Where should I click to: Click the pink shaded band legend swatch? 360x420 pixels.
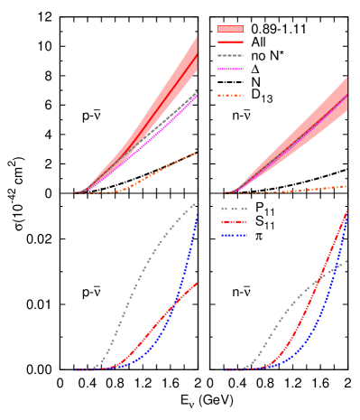[230, 29]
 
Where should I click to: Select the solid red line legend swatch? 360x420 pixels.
[230, 42]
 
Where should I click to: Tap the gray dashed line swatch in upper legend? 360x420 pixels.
[230, 55]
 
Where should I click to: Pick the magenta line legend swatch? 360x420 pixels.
[230, 69]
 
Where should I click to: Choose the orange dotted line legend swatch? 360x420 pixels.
[230, 95]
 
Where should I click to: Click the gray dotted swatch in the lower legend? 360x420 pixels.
[234, 209]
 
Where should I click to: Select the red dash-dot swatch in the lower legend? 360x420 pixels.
[234, 221]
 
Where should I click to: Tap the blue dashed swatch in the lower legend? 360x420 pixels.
[234, 235]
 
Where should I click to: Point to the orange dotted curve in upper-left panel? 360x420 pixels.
[162, 169]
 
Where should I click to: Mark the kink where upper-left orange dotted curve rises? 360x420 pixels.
[122, 191]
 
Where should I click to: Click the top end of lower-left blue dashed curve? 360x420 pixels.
[196, 215]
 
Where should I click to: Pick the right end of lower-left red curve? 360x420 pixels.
[197, 283]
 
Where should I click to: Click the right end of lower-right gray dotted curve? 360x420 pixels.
[346, 261]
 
